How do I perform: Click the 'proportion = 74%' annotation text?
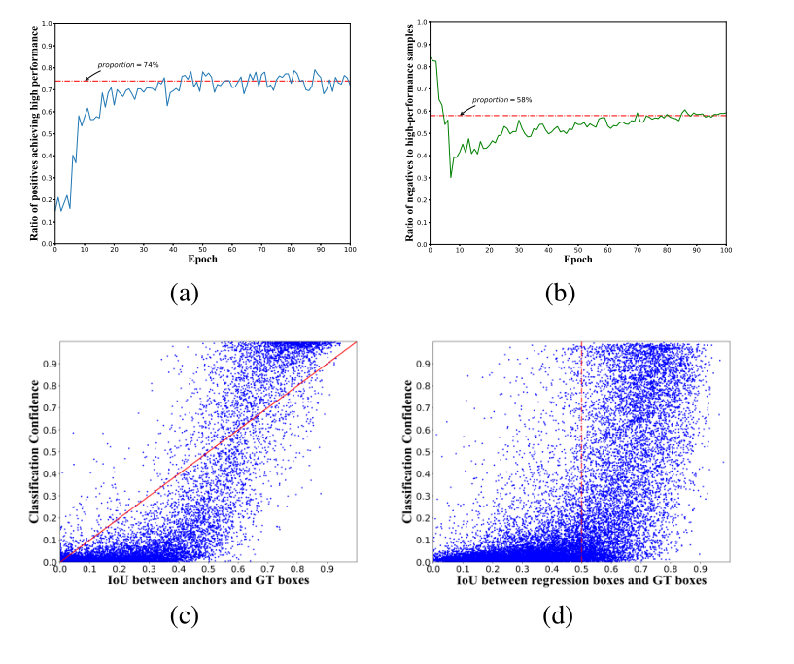(x=127, y=65)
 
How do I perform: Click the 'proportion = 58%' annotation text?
(x=502, y=100)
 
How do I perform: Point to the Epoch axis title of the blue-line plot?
(x=202, y=260)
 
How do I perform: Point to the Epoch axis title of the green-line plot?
(x=577, y=260)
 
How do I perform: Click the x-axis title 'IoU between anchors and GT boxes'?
(x=208, y=580)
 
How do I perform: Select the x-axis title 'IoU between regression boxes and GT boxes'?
(x=581, y=580)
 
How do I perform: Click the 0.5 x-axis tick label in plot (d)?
(x=581, y=568)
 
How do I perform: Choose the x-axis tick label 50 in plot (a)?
(x=202, y=249)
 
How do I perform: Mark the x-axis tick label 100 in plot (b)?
(x=725, y=249)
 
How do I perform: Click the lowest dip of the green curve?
(x=451, y=176)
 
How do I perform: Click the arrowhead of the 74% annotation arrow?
(x=86, y=80)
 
